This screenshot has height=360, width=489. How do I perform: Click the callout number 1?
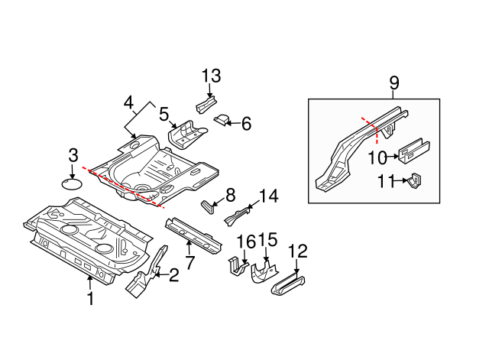tap(90, 299)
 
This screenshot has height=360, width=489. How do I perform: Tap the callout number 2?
tap(174, 275)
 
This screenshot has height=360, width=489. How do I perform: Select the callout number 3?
tap(73, 155)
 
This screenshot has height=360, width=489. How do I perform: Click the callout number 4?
tap(128, 103)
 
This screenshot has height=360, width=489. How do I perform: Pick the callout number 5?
tap(164, 115)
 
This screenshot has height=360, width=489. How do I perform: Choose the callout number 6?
tap(246, 122)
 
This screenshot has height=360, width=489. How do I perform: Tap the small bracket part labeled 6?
tap(223, 119)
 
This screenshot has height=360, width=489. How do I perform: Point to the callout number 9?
tap(394, 82)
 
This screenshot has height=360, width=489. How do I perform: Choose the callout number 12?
tap(297, 250)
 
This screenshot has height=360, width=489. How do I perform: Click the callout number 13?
tap(211, 76)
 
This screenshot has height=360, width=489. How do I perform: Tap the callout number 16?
tap(245, 242)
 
